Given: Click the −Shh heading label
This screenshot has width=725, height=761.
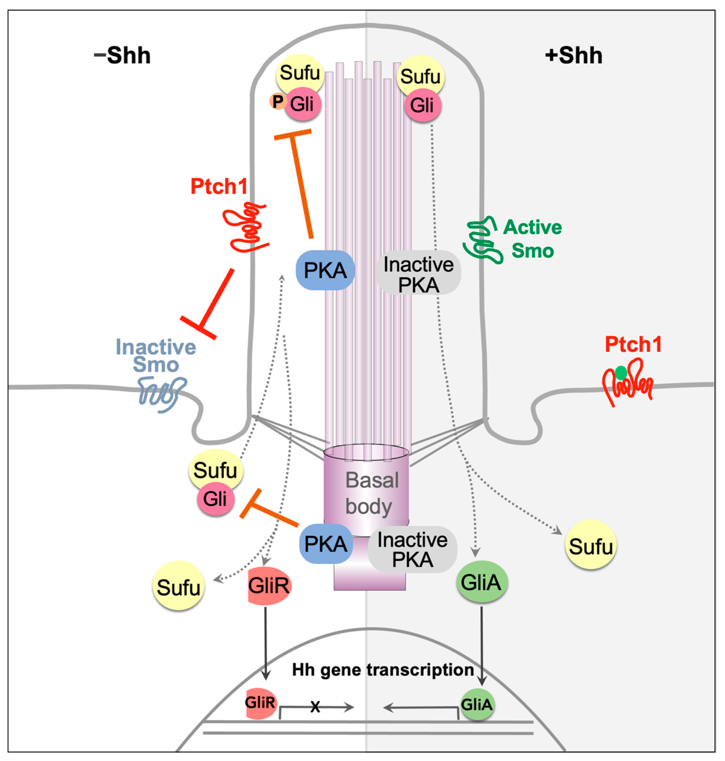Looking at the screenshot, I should point(122,55).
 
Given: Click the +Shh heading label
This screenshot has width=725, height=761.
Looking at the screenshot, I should point(574,55).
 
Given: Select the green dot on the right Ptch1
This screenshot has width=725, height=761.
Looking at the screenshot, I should point(621,373).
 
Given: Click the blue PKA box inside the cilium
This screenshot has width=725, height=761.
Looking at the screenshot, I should point(325,270).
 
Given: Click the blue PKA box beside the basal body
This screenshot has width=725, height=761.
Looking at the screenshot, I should point(325,544).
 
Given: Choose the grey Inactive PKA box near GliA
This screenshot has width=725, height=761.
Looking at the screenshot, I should point(412,549).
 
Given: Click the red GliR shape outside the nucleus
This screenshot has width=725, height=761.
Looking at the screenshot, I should point(269,586).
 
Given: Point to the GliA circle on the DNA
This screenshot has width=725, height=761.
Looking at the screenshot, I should point(477,705).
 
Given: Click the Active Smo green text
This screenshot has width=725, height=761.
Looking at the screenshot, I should point(532,239).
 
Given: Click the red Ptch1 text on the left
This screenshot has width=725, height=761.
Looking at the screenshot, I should point(219,187).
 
